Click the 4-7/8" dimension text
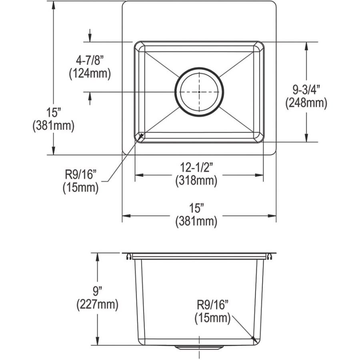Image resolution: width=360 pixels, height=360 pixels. pyautogui.click(x=89, y=61)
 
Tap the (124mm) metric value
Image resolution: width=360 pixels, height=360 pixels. pyautogui.click(x=89, y=74)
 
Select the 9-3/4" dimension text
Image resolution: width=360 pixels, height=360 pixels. pyautogui.click(x=306, y=90)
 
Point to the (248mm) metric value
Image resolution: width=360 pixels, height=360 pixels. pyautogui.click(x=306, y=103)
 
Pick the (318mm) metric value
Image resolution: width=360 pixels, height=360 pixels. pyautogui.click(x=196, y=181)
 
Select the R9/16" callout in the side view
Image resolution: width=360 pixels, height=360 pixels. pyautogui.click(x=212, y=306)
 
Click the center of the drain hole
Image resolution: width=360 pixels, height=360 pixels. pyautogui.click(x=199, y=92)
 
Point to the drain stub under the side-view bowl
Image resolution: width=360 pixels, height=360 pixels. pyautogui.click(x=199, y=346)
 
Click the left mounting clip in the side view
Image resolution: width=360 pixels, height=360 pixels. pyautogui.click(x=127, y=256)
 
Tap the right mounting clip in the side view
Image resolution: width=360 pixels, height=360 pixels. pyautogui.click(x=271, y=256)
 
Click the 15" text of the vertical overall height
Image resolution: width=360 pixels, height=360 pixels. pyautogui.click(x=54, y=113)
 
